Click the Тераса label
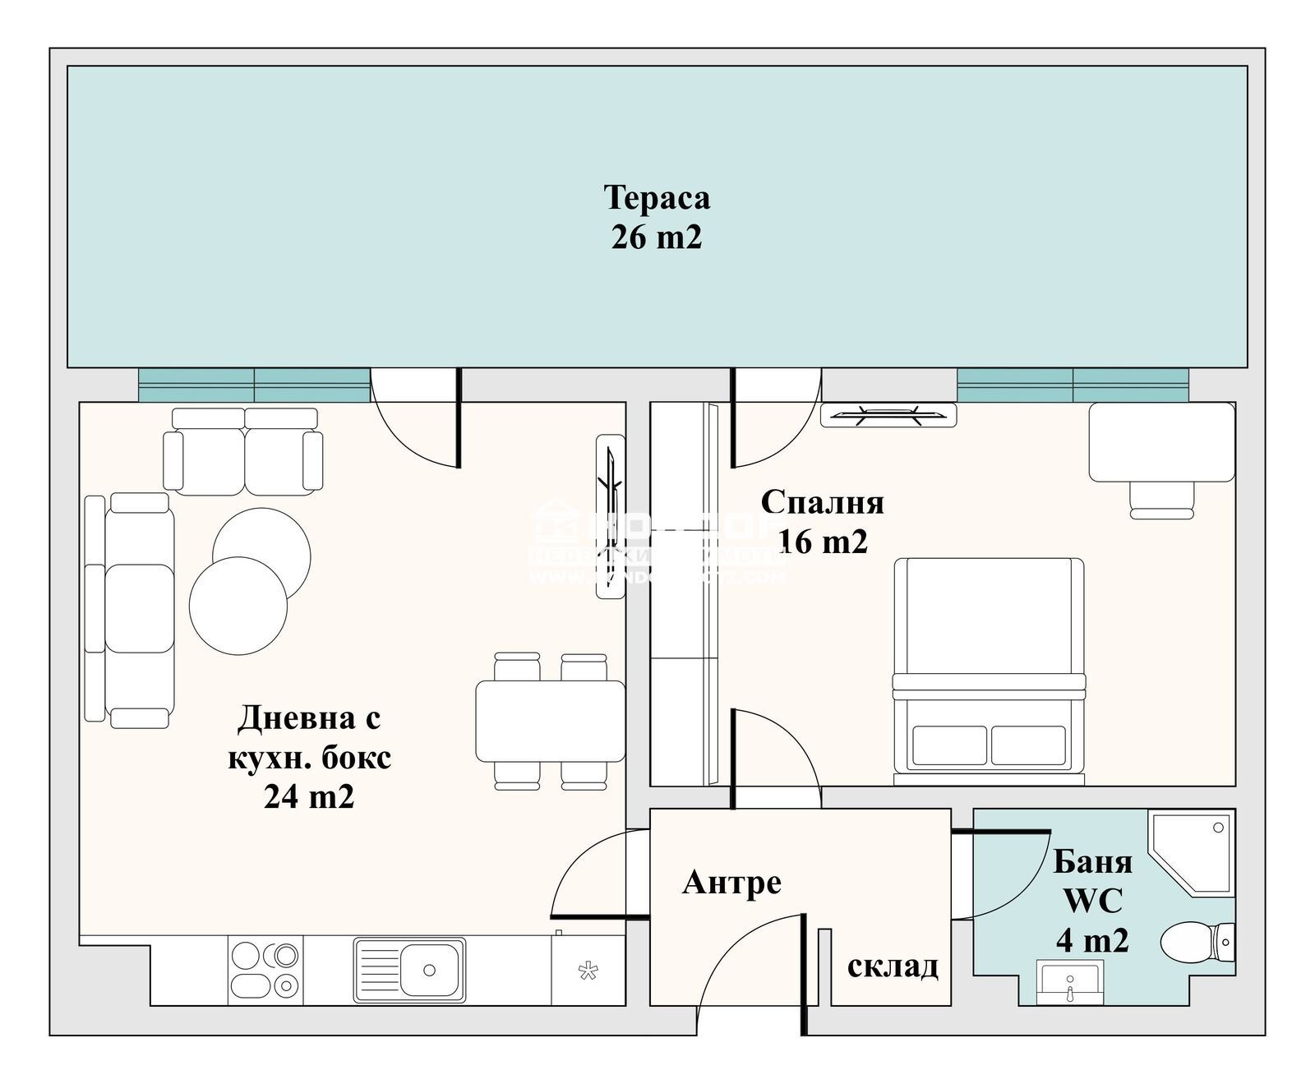pos(657,198)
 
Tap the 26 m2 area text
pos(657,238)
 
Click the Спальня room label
pos(822,501)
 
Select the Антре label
pos(731,883)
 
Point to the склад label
pos(893,966)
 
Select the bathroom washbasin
pos(1068,981)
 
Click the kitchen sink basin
pos(428,970)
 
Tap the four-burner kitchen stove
pos(265,970)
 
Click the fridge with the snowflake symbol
pos(587,971)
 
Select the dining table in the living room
pos(550,721)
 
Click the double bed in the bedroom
pos(989,666)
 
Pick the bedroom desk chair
pos(1161,499)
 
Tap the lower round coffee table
pos(238,606)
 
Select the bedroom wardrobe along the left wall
pos(684,592)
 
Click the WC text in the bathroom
pos(1092,902)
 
